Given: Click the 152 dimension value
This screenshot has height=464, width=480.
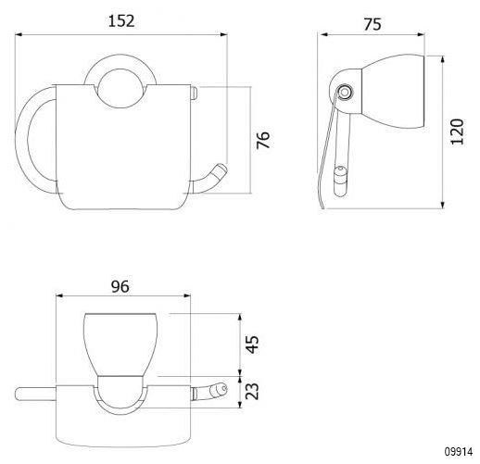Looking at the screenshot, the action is click(121, 21).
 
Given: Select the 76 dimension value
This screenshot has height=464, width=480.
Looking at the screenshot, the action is click(263, 140).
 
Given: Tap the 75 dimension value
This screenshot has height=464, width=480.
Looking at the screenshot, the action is click(373, 24).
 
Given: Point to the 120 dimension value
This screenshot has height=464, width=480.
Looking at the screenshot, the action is click(457, 132).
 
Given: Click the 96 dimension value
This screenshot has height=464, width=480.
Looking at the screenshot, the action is click(120, 286).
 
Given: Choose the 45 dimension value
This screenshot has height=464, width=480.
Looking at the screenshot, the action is click(252, 345).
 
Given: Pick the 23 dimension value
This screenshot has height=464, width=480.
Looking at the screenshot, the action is click(252, 392).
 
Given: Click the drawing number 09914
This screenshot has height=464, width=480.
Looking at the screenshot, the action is click(459, 452).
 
